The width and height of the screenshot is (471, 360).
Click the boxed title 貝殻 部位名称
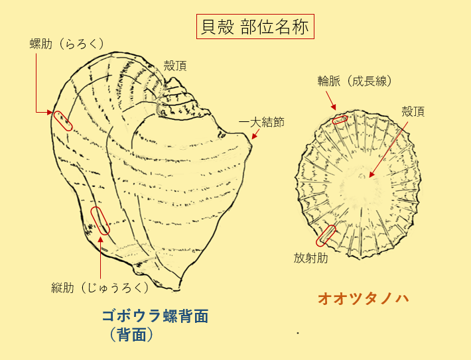(x=255, y=28)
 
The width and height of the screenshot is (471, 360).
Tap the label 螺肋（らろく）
(x=67, y=44)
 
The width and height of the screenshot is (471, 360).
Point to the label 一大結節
(x=262, y=122)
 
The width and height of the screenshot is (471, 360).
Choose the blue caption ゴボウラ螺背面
(x=155, y=316)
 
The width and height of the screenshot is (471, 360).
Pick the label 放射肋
(x=311, y=258)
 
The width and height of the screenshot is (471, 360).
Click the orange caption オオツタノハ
(x=362, y=299)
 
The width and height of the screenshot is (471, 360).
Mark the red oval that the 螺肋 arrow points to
(x=63, y=121)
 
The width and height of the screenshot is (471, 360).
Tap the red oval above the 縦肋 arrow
(x=100, y=221)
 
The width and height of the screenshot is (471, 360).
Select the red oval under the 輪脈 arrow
(x=340, y=120)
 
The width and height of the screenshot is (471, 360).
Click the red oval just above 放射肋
(x=326, y=235)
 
